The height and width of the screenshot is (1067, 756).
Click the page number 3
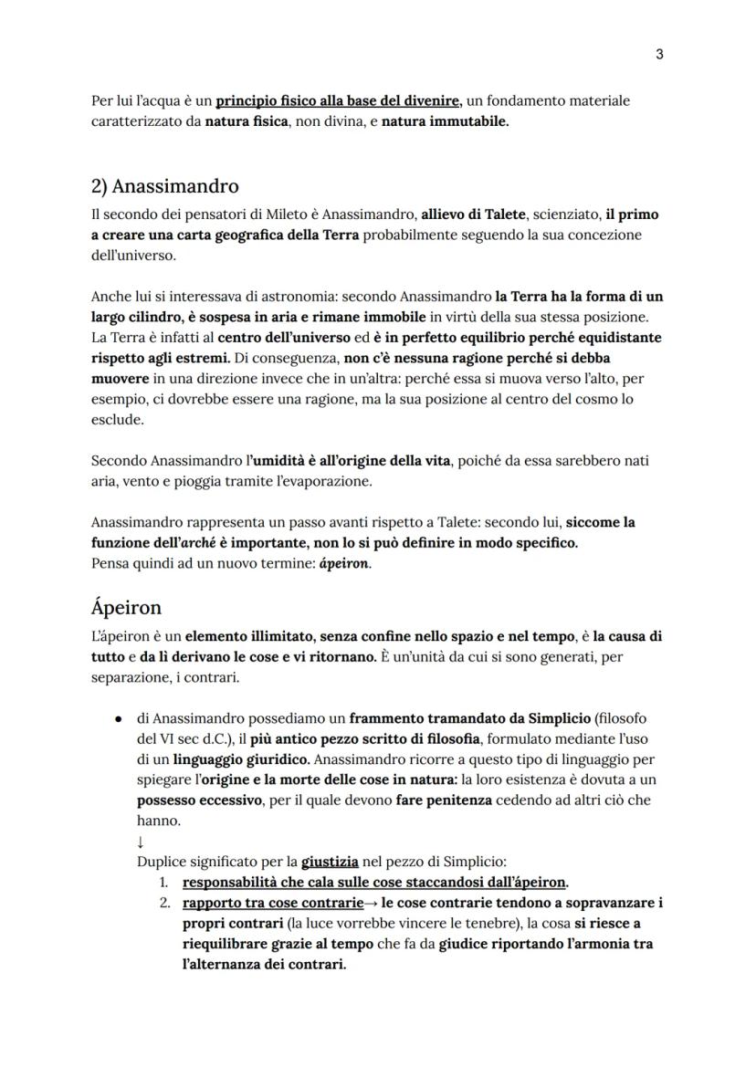pyautogui.click(x=659, y=54)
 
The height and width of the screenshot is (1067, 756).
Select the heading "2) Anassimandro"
pyautogui.click(x=165, y=186)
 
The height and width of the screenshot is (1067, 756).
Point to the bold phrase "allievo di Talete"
pyautogui.click(x=473, y=214)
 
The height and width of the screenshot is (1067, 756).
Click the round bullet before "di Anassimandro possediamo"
pyautogui.click(x=119, y=719)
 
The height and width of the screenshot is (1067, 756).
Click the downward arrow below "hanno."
pyautogui.click(x=141, y=842)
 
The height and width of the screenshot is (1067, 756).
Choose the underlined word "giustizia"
pyautogui.click(x=330, y=862)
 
